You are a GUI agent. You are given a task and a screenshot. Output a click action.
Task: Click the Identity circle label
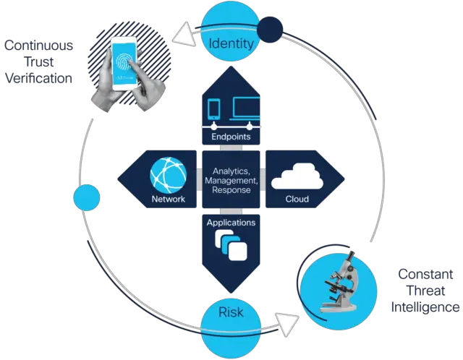point(231,44)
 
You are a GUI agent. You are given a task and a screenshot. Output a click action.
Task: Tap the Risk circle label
point(231,313)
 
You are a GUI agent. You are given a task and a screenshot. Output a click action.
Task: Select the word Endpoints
point(231,136)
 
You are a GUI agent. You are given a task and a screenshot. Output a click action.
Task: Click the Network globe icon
point(168,175)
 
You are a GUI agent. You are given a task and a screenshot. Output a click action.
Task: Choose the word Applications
point(231,223)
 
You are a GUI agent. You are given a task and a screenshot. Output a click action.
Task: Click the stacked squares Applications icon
point(233,246)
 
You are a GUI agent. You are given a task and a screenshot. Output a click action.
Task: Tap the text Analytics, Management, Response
point(231,180)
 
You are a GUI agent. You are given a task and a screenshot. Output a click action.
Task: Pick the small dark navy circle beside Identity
point(270,29)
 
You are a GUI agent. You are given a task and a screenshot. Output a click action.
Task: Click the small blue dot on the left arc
point(86,197)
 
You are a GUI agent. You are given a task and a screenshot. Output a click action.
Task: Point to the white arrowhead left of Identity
point(189,34)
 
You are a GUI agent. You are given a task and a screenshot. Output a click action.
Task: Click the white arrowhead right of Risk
point(288,323)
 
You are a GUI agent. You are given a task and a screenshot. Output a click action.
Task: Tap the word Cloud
point(297,199)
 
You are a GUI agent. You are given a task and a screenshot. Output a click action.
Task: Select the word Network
point(169,199)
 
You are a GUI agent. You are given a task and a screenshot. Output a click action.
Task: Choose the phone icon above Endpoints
point(214,108)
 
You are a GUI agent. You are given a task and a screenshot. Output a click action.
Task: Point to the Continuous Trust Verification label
point(40,62)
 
